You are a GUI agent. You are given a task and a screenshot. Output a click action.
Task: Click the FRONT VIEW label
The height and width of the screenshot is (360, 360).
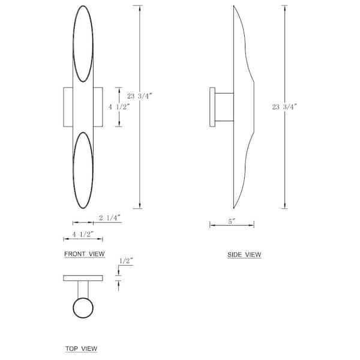pyautogui.click(x=85, y=254)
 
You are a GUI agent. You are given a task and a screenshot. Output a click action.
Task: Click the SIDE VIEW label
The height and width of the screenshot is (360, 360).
pyautogui.click(x=244, y=254)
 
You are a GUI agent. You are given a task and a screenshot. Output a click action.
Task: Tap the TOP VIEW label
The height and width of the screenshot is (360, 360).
pyautogui.click(x=81, y=349)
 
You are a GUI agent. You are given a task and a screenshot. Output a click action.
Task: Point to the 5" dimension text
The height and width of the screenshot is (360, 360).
pyautogui.click(x=232, y=221)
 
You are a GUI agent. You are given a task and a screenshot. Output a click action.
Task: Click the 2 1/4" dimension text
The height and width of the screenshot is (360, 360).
pyautogui.click(x=110, y=218)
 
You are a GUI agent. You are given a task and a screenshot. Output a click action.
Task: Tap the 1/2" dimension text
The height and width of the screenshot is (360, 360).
pyautogui.click(x=126, y=261)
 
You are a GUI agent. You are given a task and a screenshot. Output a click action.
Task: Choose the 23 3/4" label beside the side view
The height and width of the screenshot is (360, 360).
pyautogui.click(x=284, y=107)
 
